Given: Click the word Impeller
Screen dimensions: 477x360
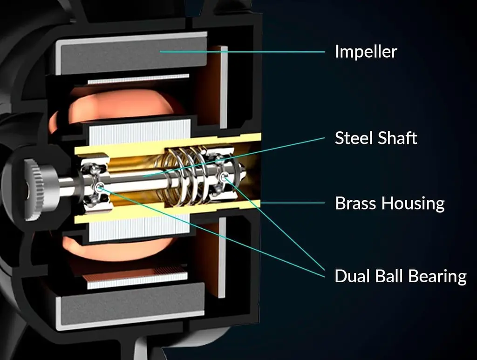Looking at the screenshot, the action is [x=366, y=52].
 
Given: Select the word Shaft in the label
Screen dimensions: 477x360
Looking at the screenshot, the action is [x=397, y=138].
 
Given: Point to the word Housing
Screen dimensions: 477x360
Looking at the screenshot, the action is [x=413, y=204].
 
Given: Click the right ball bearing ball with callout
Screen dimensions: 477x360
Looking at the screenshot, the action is [x=224, y=176].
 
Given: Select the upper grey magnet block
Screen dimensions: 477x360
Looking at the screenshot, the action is [x=131, y=53].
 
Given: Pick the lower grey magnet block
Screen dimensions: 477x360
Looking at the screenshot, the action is [x=131, y=306].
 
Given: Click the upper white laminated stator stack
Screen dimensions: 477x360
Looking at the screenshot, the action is [x=140, y=132].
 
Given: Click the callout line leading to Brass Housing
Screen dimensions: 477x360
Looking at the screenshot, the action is [x=293, y=203].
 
